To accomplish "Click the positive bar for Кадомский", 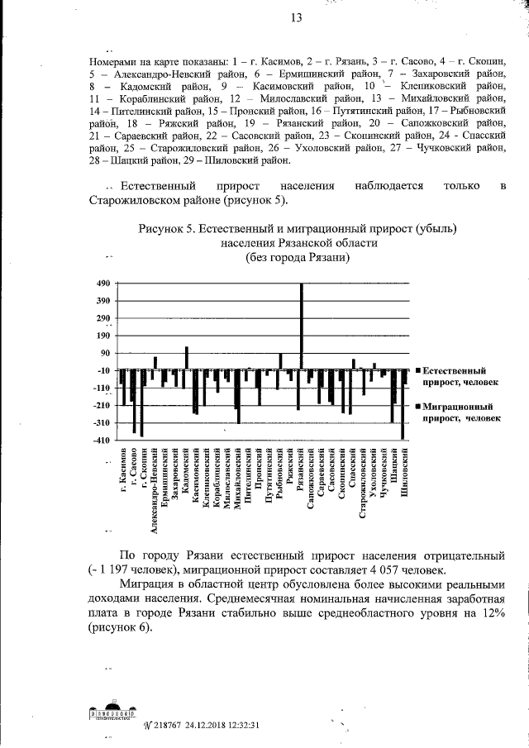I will [186, 357].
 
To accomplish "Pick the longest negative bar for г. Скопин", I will [141, 402].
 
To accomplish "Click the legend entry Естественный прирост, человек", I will [458, 377].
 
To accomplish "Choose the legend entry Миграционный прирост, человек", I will [458, 412].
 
